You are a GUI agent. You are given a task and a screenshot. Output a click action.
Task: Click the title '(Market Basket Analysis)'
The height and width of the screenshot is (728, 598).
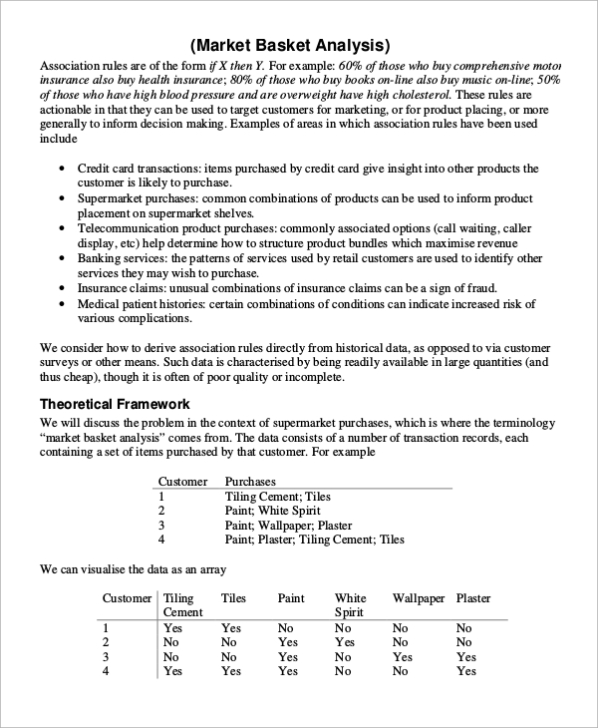[290, 45]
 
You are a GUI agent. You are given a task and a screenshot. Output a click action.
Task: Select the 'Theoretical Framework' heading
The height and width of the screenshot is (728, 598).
[115, 404]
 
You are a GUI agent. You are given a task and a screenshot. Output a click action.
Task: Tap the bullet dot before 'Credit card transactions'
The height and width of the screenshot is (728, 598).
[65, 170]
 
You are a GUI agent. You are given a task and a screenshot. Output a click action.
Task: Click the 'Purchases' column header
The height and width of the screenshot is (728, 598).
[250, 481]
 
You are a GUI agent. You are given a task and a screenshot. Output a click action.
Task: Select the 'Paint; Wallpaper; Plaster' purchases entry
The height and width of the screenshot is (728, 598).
[288, 526]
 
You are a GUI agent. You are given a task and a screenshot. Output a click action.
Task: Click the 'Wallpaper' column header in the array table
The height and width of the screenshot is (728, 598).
[418, 598]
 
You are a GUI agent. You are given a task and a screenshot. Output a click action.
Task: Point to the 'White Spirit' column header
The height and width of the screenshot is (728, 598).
[350, 605]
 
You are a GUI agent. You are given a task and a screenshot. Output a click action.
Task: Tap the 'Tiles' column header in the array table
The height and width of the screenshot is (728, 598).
[233, 598]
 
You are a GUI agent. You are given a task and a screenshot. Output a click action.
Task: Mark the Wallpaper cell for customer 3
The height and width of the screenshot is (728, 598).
[402, 657]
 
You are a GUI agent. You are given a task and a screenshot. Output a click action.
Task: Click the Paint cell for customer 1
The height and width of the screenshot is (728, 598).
[286, 628]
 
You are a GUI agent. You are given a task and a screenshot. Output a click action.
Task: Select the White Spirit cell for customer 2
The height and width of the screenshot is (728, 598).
[343, 643]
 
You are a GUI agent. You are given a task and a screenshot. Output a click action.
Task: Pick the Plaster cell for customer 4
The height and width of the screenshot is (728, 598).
[465, 672]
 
